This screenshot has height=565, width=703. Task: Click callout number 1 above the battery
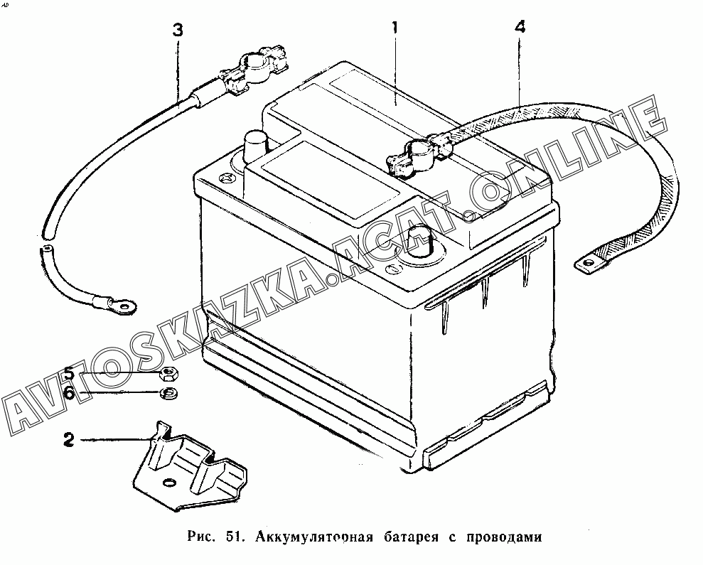coord(392,29)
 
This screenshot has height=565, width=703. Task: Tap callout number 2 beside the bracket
coord(68,440)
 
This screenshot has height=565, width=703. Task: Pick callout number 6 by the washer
coord(68,392)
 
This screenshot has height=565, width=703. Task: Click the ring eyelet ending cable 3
coord(124,307)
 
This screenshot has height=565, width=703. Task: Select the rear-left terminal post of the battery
coord(254,146)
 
